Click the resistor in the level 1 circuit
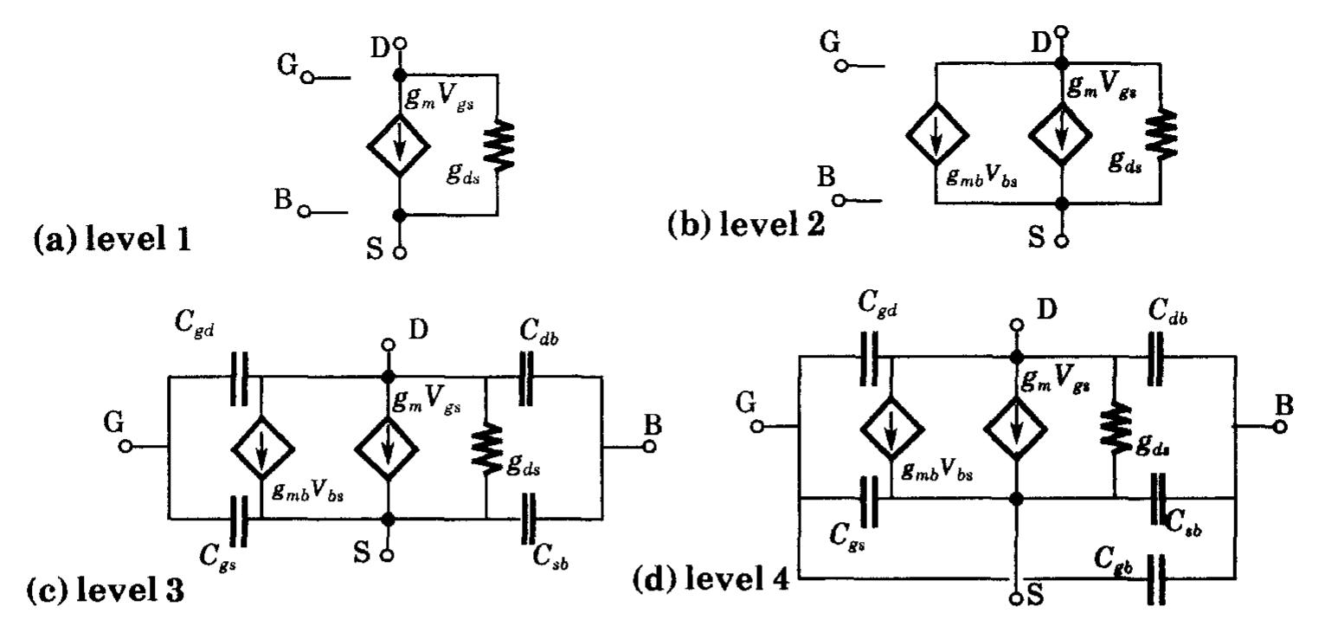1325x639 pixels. click(x=499, y=144)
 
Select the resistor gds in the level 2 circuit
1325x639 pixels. click(x=1157, y=132)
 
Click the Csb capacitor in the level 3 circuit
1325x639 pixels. click(x=527, y=518)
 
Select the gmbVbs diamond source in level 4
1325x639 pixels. click(x=891, y=427)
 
